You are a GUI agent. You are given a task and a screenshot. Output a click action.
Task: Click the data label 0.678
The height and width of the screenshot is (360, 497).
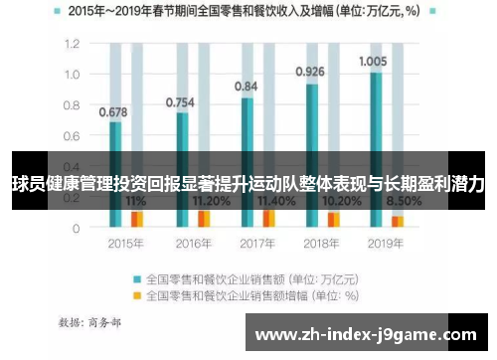coord(113,111)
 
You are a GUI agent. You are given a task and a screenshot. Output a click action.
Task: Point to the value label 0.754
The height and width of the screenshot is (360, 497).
coord(180,101)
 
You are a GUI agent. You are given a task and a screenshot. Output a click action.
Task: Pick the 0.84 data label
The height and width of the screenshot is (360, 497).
coord(247,87)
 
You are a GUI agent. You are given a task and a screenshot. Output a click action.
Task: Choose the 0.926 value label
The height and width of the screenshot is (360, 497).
coord(310,72)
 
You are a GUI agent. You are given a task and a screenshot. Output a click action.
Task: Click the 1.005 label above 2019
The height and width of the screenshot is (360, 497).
coord(374,61)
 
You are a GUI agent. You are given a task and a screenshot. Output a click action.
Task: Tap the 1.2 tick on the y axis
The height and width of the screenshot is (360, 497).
coord(73,45)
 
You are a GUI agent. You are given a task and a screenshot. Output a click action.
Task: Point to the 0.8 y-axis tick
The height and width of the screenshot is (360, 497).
coord(73,105)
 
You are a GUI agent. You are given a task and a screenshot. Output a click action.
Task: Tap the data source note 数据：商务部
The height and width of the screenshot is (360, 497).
coord(90,321)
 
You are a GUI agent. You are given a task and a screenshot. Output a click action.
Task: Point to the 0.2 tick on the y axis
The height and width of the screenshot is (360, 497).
coord(73,197)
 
